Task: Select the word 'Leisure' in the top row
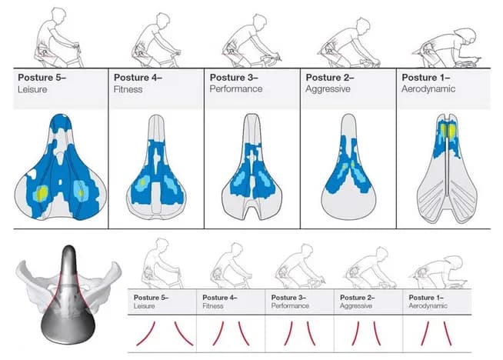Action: pos(33,89)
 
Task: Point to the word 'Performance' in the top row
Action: pos(235,89)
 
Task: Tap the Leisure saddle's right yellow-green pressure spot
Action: pos(81,188)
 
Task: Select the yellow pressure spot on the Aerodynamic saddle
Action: pos(448,132)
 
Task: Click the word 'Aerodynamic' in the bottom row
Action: pos(433,306)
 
